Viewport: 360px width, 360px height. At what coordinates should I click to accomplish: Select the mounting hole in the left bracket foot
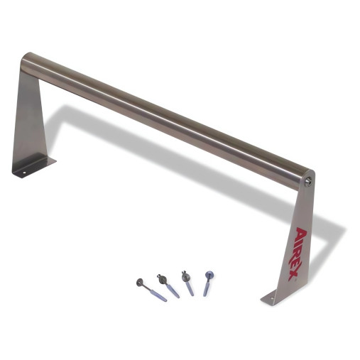(x=23, y=173)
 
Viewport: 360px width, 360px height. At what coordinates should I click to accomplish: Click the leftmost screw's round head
(x=140, y=282)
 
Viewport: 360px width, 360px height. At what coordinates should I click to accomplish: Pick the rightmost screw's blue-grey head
(x=209, y=275)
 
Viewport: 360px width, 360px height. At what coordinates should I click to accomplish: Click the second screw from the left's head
(x=162, y=279)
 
